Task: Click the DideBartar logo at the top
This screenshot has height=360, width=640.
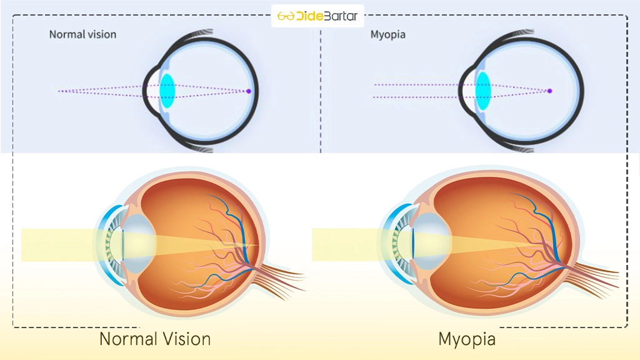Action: [318, 16]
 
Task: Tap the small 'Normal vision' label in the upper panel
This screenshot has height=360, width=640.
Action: [82, 34]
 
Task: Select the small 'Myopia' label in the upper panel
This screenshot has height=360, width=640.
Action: [387, 34]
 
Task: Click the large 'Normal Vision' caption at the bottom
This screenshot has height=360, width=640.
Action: [155, 339]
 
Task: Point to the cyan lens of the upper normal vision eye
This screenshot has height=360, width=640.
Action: [167, 89]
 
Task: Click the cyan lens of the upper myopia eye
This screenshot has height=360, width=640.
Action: [483, 90]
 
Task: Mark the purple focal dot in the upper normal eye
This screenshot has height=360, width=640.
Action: [248, 91]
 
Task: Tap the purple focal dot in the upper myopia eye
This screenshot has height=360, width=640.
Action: [550, 91]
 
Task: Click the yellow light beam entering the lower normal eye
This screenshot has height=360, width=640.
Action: [56, 244]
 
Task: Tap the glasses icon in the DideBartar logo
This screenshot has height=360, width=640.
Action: [286, 16]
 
